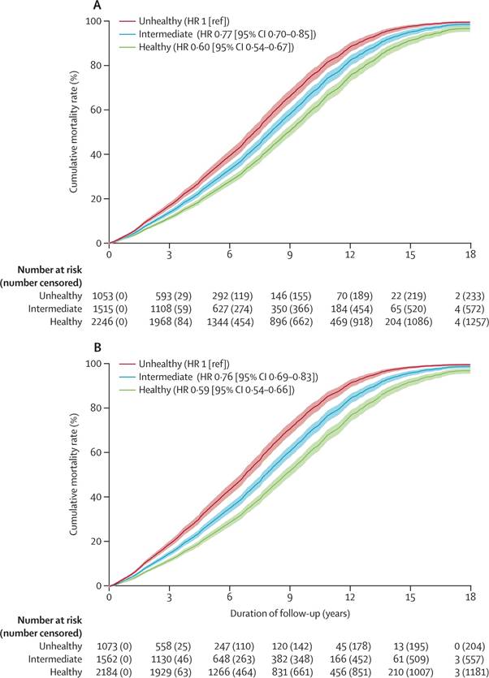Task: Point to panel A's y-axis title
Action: (x=75, y=130)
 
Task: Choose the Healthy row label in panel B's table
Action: (x=63, y=672)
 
